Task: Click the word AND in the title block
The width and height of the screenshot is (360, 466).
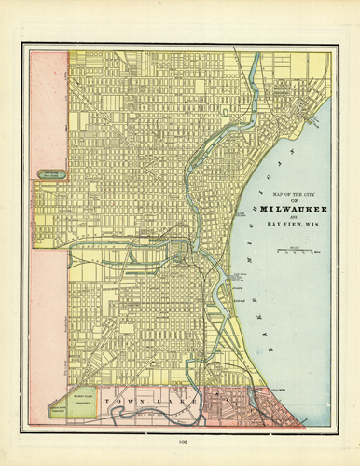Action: coord(294,216)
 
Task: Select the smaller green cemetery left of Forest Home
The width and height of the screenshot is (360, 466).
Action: coord(57,408)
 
